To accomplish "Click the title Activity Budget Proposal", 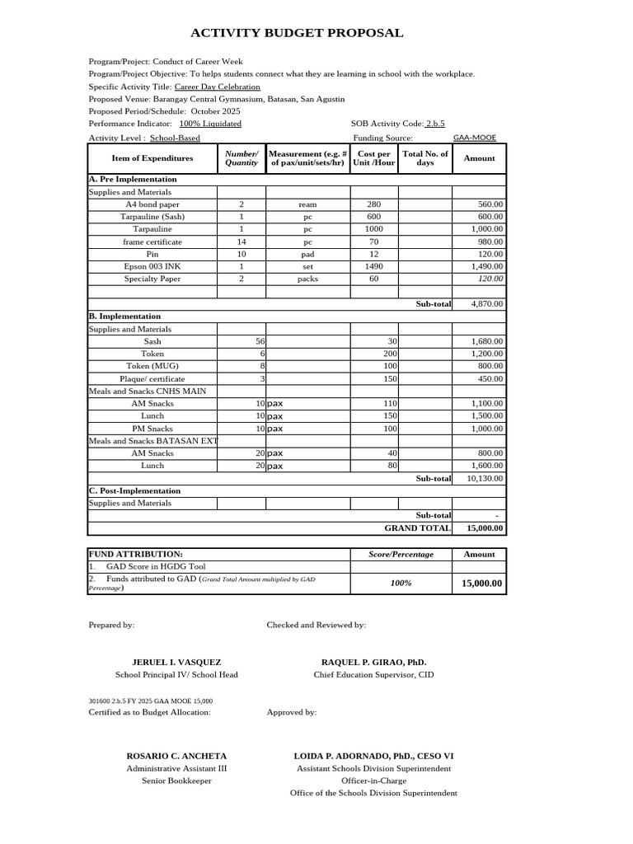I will (x=297, y=34).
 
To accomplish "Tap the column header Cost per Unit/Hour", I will (x=374, y=158).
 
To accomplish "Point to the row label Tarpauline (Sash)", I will (x=152, y=217).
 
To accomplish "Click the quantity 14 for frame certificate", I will (x=241, y=242).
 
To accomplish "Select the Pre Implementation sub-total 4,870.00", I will (x=486, y=304).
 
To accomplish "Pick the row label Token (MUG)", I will (x=152, y=366).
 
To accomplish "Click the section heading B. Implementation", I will (x=124, y=316).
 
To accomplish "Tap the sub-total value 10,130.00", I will (x=485, y=478).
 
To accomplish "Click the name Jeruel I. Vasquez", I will (x=176, y=663).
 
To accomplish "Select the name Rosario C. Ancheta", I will (x=176, y=756).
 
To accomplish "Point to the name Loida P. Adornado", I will (x=373, y=756).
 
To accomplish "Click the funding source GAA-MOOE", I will (x=475, y=138).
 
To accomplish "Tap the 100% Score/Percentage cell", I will (x=401, y=584).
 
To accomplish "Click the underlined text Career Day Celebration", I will (x=218, y=87).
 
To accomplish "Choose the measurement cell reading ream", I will (x=307, y=204).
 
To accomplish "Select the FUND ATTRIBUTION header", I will (x=136, y=555).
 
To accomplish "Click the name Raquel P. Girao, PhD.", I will (x=373, y=663).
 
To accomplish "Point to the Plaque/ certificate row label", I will (x=152, y=379).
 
